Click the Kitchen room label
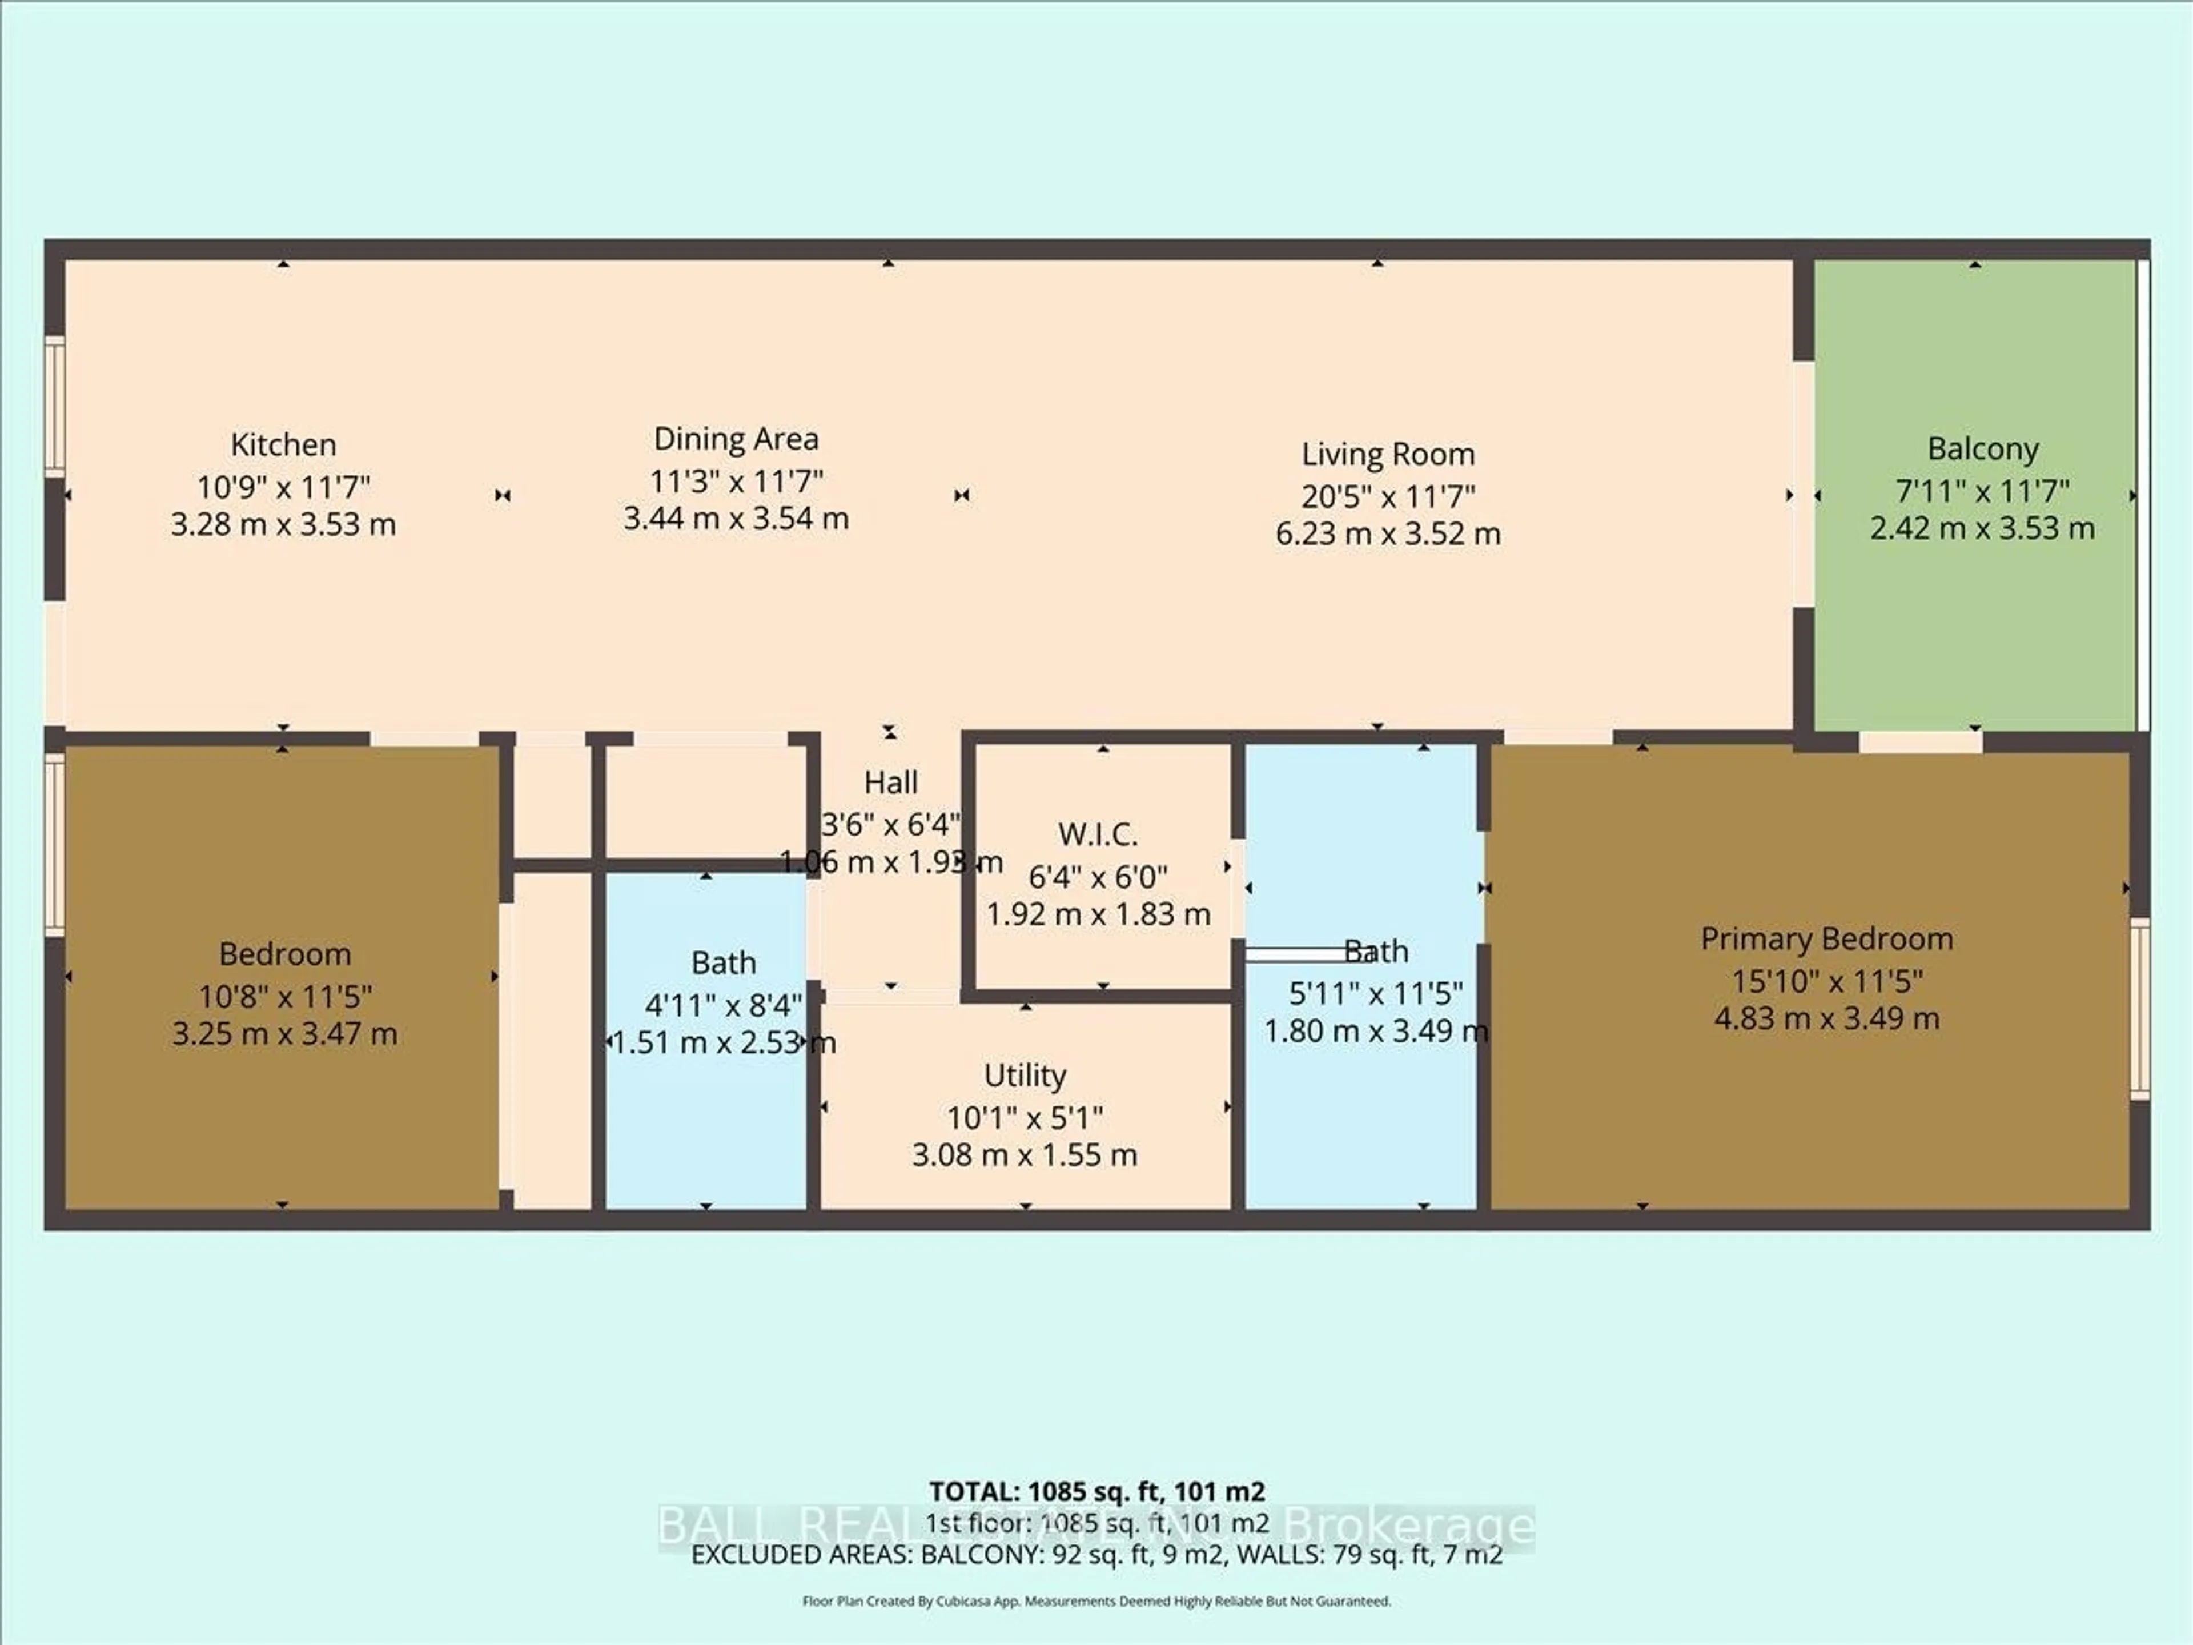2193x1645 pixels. [283, 444]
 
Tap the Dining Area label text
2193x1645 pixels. [736, 438]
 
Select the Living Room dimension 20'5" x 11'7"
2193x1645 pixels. [1388, 496]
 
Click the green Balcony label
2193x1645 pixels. [1983, 448]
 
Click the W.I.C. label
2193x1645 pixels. [1098, 834]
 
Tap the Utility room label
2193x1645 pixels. [1025, 1075]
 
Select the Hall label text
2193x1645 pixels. [890, 783]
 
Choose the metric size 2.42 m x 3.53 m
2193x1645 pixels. [1983, 528]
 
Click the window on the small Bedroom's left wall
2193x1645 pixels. [54, 843]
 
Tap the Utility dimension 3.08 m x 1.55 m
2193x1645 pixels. [1025, 1154]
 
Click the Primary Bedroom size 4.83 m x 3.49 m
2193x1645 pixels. [1826, 1018]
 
